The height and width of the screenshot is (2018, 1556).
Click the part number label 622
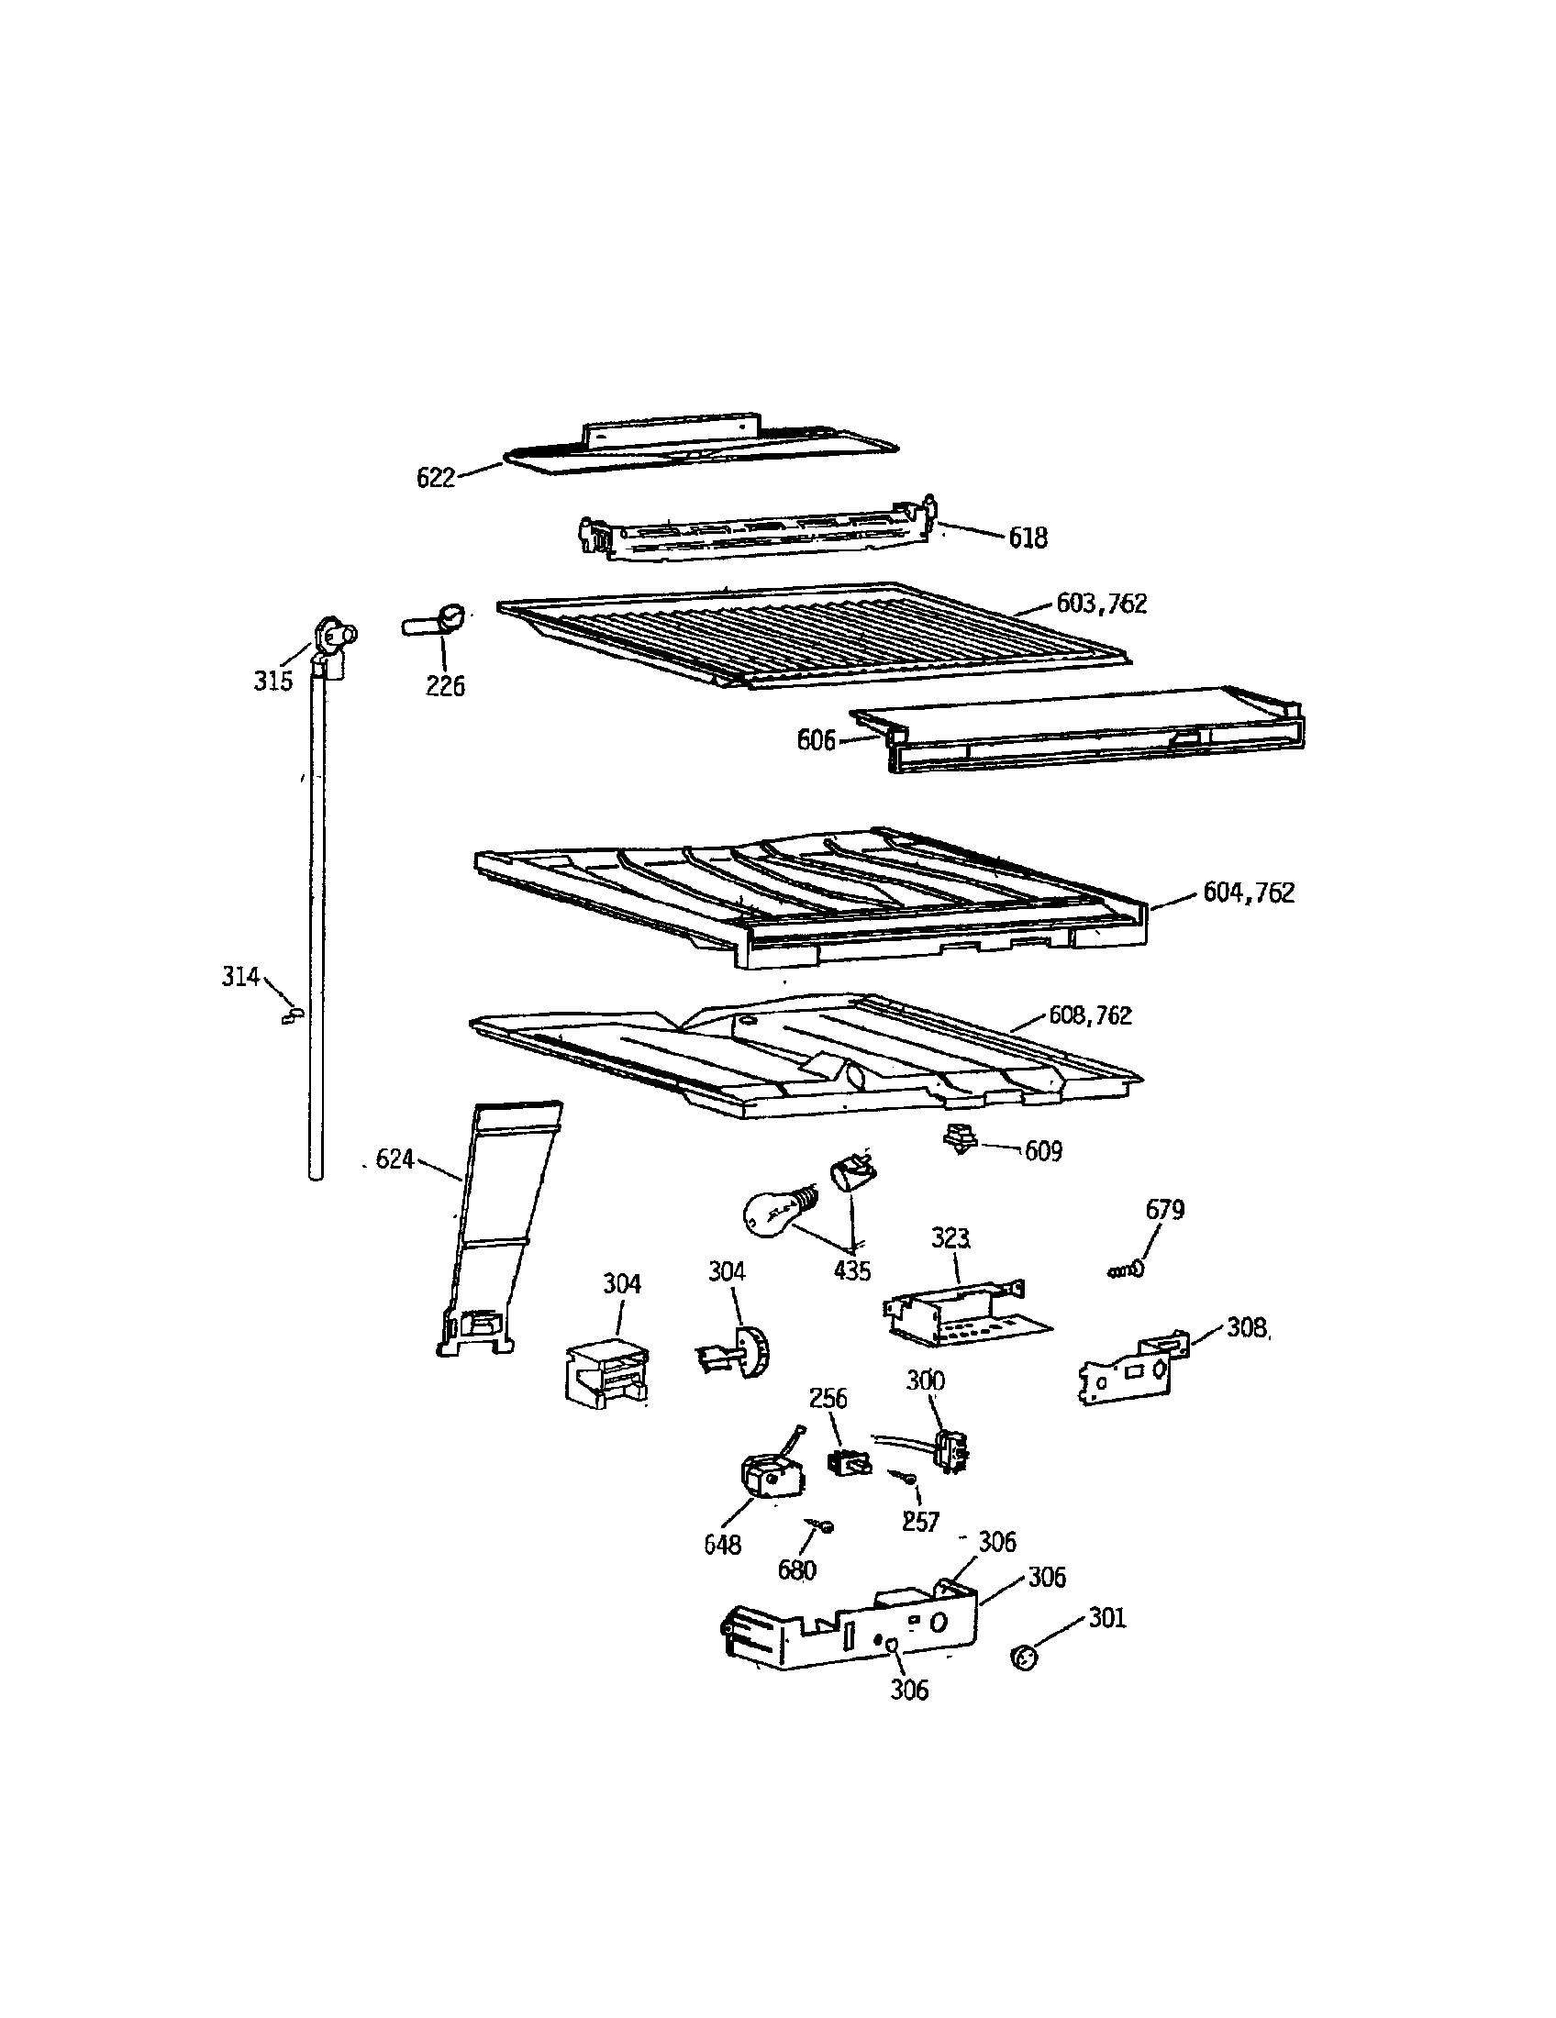click(435, 478)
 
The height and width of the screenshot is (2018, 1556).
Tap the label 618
click(1028, 538)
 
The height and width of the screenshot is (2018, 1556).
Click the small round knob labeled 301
click(1023, 1658)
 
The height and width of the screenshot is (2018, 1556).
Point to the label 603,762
click(1101, 604)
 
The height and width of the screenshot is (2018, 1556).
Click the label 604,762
click(1249, 893)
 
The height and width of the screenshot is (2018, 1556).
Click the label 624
click(395, 1159)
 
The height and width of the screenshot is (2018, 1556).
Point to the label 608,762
click(1089, 1015)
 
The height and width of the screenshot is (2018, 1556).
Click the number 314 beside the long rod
click(240, 976)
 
